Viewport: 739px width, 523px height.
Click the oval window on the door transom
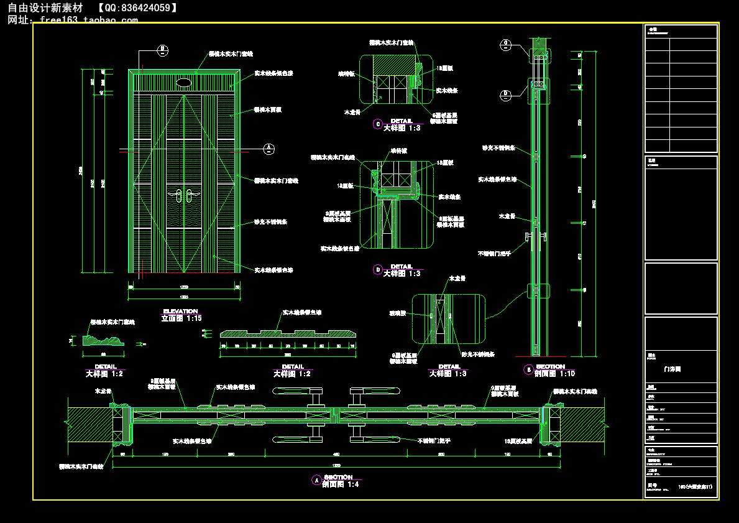tap(183, 81)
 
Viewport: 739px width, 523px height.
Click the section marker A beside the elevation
tap(269, 148)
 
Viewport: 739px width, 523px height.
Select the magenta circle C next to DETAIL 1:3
tap(377, 124)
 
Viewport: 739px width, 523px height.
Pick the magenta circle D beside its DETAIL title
tap(377, 269)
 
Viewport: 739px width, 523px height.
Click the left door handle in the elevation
tap(178, 197)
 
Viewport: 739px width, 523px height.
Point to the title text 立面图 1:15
tap(181, 318)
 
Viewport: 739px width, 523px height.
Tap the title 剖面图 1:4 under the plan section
tap(341, 484)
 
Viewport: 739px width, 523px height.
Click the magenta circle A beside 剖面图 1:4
tap(316, 480)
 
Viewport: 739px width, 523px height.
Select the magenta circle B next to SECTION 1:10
tap(528, 369)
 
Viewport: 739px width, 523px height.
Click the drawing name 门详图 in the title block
tap(672, 369)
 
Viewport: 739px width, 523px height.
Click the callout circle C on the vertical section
tap(506, 43)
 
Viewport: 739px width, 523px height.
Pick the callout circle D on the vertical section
tap(506, 95)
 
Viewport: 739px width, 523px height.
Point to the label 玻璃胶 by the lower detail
tap(397, 313)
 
